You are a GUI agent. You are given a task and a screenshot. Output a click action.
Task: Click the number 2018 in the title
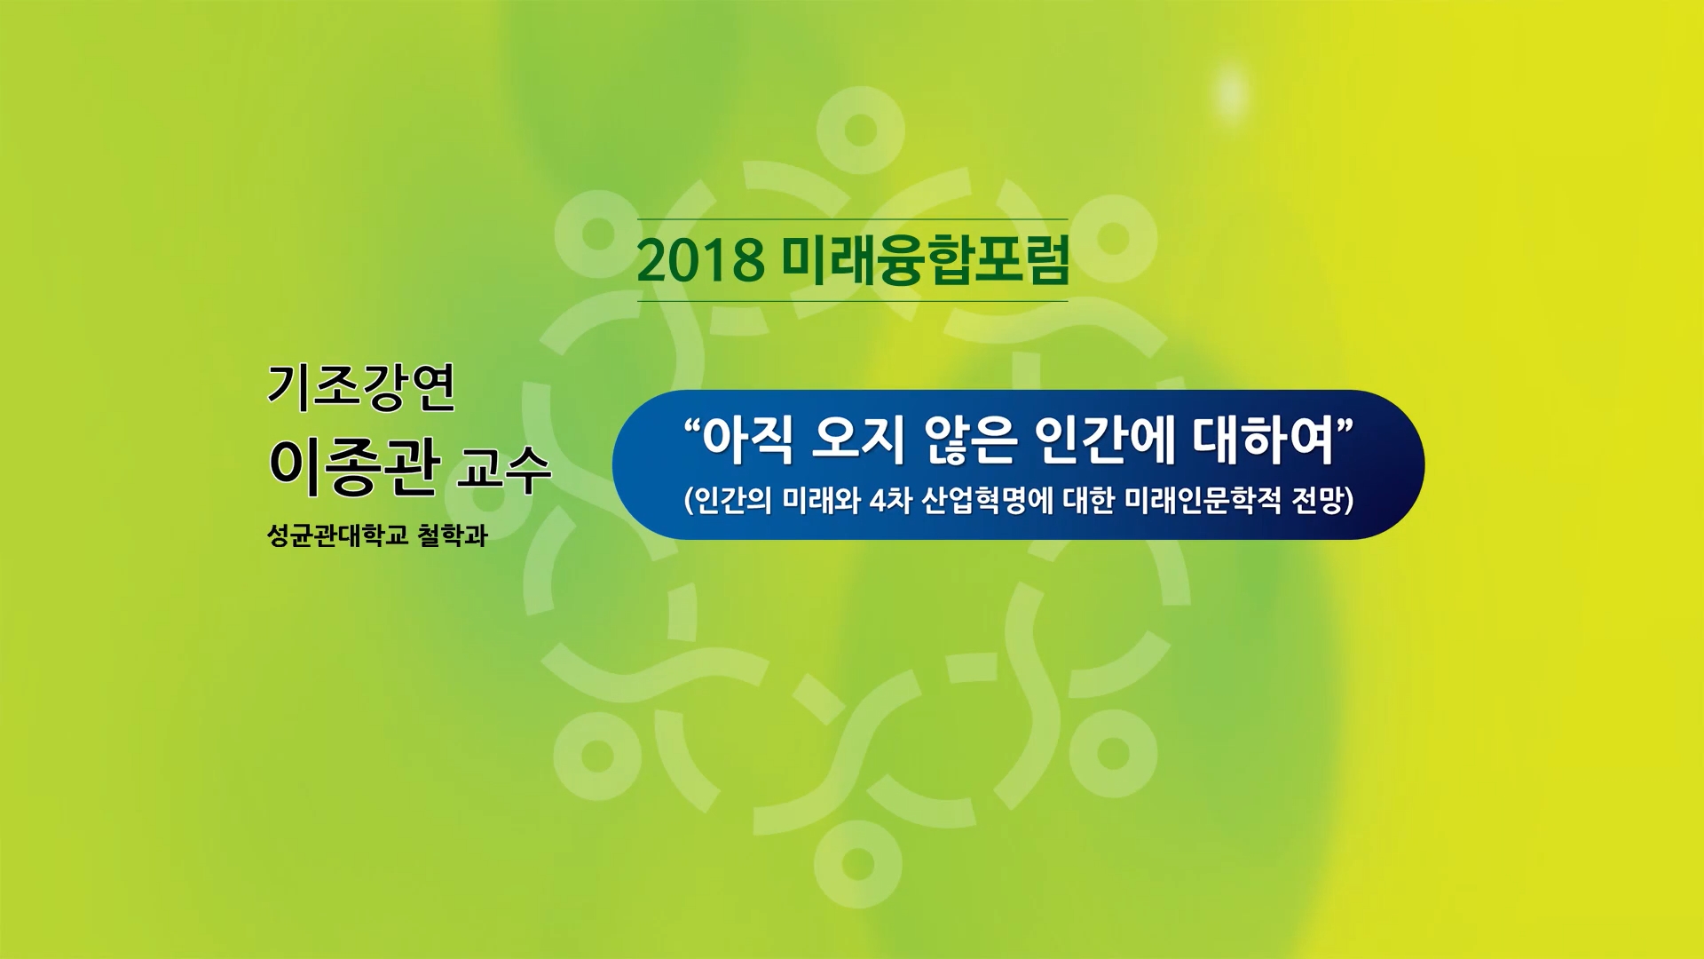(x=701, y=260)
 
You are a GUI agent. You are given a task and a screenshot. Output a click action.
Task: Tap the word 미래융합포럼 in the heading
(x=926, y=259)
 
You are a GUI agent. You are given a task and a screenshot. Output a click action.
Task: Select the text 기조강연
(x=361, y=387)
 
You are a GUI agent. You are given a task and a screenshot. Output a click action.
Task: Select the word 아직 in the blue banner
(x=747, y=440)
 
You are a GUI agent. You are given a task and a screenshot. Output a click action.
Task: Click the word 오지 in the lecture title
(x=858, y=440)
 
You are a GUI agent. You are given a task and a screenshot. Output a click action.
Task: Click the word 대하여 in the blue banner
(x=1264, y=440)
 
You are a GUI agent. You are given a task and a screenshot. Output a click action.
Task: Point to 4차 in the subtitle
(x=890, y=501)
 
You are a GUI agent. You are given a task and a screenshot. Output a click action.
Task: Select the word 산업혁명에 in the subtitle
(x=987, y=501)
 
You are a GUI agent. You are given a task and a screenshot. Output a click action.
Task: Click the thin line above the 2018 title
(x=853, y=219)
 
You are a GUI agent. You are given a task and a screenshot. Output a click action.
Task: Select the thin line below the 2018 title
(x=853, y=301)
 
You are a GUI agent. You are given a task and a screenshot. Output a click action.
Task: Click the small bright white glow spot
(x=1231, y=91)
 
